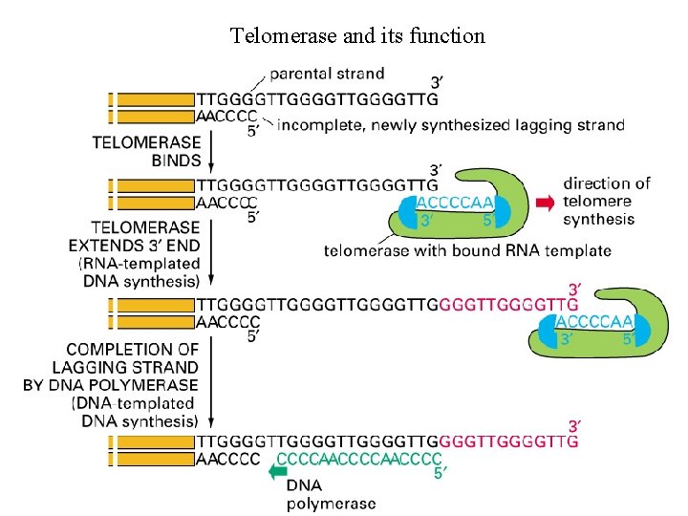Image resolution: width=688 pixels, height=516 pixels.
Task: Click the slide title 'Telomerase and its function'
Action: (x=357, y=36)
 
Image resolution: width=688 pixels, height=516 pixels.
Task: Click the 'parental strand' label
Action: (x=327, y=74)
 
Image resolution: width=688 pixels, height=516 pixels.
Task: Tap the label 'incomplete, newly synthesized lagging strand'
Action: (x=450, y=125)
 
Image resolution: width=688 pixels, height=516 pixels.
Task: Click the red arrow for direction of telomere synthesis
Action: (x=545, y=202)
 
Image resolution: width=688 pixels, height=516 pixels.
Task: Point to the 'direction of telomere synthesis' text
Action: (x=606, y=201)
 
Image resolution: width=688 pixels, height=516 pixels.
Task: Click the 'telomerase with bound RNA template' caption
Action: (x=467, y=251)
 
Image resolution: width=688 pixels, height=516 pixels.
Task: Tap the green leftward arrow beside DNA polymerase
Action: (x=278, y=470)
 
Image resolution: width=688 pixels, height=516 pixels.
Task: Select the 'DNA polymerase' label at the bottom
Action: (x=330, y=494)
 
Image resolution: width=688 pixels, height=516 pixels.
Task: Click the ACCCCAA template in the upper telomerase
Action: (x=455, y=203)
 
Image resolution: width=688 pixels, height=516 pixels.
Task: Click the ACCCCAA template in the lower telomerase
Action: (x=593, y=321)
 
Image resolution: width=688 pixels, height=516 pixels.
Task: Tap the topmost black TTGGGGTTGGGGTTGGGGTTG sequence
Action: (x=317, y=98)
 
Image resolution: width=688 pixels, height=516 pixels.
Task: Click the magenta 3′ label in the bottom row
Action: (x=573, y=424)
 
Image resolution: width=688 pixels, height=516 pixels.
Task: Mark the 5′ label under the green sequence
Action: (x=439, y=472)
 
